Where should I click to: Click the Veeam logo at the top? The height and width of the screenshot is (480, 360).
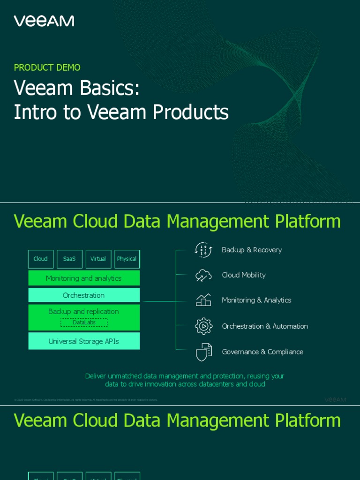(44, 21)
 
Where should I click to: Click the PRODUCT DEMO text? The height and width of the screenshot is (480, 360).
(47, 67)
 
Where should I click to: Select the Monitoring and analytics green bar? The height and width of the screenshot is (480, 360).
(84, 278)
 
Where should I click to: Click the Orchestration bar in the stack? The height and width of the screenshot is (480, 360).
(84, 295)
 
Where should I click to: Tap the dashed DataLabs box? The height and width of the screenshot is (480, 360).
(84, 322)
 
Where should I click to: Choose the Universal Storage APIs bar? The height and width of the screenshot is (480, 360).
(84, 341)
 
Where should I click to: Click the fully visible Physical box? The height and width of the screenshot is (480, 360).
(127, 259)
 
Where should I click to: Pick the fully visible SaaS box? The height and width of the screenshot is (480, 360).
(69, 259)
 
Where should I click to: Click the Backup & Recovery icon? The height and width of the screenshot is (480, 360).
(203, 250)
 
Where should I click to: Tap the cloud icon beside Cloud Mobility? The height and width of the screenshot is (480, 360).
(203, 275)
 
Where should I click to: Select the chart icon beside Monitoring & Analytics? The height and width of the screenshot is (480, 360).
(203, 300)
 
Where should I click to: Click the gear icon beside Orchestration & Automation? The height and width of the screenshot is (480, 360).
(203, 326)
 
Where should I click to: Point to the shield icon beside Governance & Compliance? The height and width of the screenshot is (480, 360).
(203, 352)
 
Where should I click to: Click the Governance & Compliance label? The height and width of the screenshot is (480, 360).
(262, 352)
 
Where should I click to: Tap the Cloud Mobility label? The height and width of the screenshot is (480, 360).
(244, 275)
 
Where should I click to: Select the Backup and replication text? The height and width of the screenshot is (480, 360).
(83, 312)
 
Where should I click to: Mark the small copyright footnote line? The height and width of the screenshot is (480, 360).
(86, 400)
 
